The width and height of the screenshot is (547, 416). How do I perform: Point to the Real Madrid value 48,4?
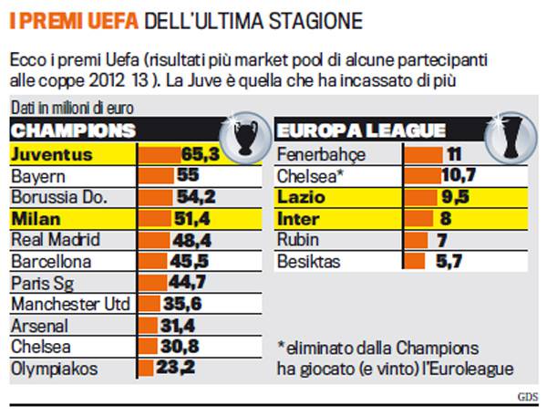coord(192,241)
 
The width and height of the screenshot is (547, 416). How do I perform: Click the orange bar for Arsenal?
coord(150,327)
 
